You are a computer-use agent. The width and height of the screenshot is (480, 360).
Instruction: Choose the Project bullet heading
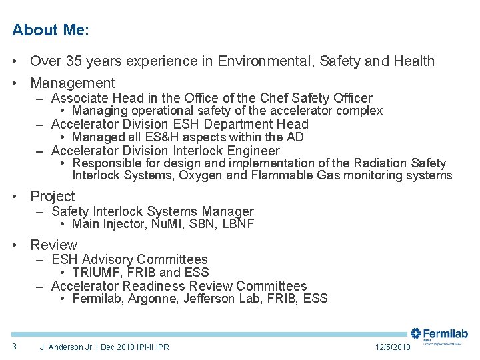53,197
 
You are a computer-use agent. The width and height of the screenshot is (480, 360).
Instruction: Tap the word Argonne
153,299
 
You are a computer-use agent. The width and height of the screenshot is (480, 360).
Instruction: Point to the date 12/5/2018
393,347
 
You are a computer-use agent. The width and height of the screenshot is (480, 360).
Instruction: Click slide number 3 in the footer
14,346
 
